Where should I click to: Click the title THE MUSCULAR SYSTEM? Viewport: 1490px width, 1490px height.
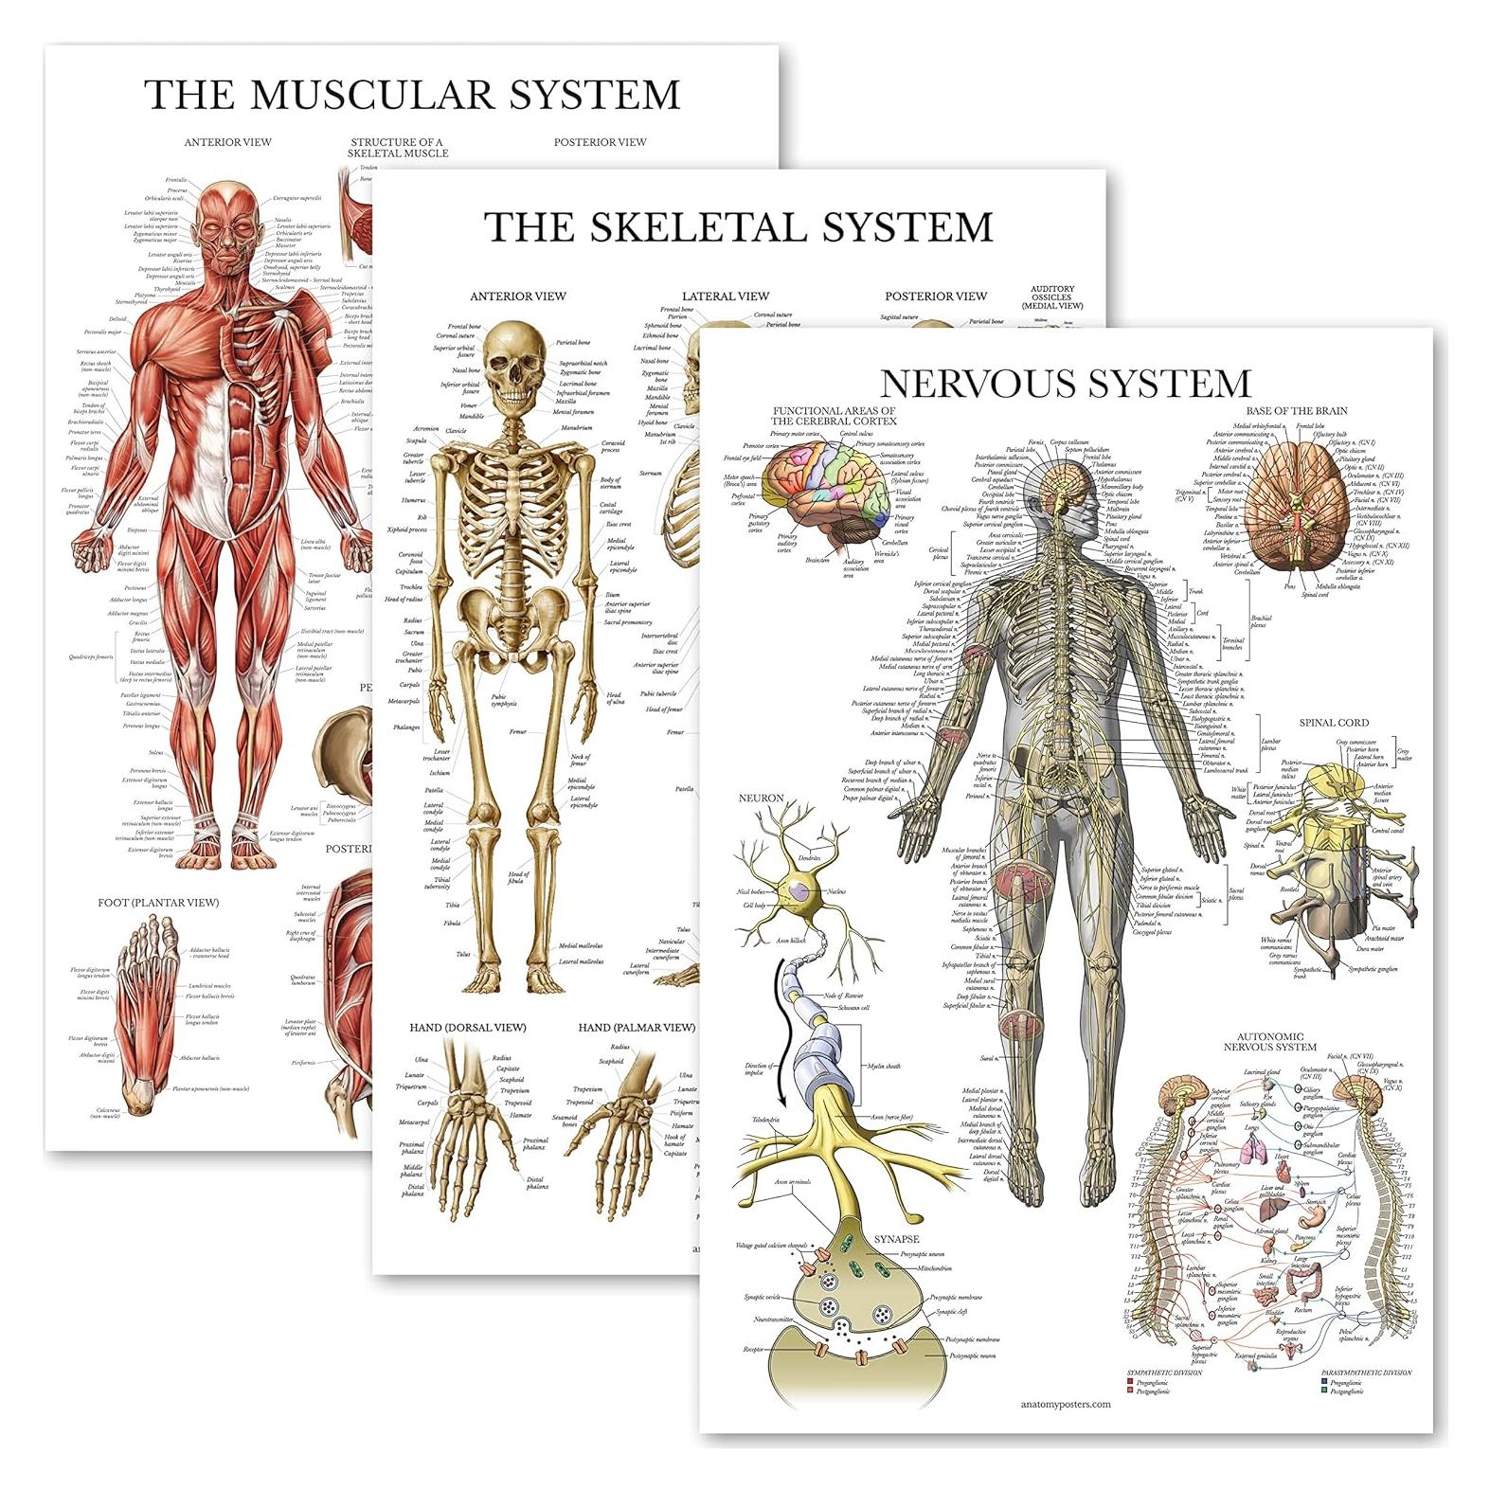click(x=412, y=95)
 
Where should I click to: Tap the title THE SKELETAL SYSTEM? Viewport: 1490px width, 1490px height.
click(x=738, y=227)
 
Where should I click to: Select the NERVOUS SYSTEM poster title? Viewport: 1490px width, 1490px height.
click(x=1066, y=383)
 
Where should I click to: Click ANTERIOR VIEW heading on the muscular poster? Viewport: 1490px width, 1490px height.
click(x=227, y=142)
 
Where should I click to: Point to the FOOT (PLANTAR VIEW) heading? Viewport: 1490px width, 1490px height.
click(x=158, y=903)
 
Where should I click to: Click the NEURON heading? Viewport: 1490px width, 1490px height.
click(x=762, y=799)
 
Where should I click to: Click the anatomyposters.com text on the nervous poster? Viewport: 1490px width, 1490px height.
click(x=1066, y=1404)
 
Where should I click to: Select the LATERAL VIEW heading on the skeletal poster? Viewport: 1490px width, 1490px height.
click(x=727, y=296)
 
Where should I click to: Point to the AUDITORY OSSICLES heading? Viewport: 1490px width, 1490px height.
click(x=1057, y=298)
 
